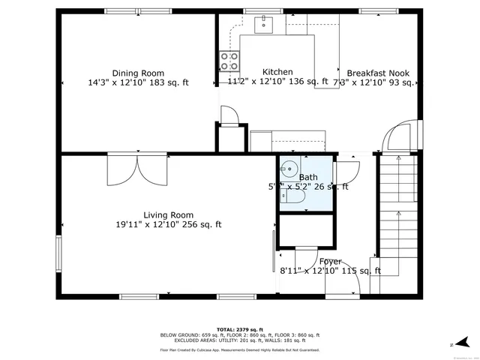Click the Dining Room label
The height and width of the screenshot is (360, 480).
click(137, 73)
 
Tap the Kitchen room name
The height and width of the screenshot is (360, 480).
click(256, 72)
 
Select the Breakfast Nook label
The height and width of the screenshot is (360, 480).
click(378, 73)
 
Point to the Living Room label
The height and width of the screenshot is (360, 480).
click(168, 214)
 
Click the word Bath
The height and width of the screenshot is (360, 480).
click(308, 178)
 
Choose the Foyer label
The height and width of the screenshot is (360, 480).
click(331, 262)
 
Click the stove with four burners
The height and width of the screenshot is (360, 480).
click(229, 59)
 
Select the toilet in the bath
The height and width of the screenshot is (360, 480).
click(292, 196)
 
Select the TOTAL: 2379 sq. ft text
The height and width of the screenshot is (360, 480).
click(239, 329)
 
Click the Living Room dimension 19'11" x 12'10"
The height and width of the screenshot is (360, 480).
click(168, 224)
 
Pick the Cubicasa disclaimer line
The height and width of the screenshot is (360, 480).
click(239, 349)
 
